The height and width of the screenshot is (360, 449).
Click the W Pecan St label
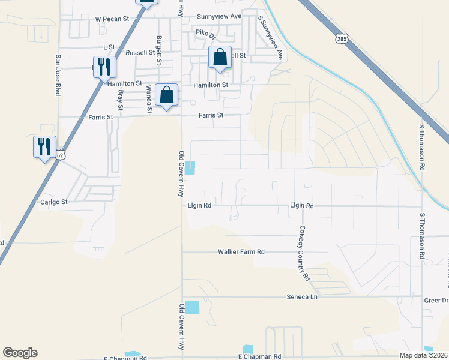[x=112, y=19]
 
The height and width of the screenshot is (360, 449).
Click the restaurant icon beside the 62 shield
[x=44, y=147]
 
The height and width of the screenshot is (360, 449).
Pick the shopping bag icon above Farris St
[x=166, y=95]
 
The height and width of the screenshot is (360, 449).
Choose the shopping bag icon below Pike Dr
[x=220, y=58]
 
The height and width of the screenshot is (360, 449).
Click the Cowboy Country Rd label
[x=304, y=253]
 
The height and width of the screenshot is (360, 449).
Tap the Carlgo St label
[x=54, y=202]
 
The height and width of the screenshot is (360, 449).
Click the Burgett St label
[x=158, y=47]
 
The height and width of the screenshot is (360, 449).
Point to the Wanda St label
[x=149, y=99]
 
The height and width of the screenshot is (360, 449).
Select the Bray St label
[x=120, y=99]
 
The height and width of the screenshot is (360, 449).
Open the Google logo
[x=20, y=353]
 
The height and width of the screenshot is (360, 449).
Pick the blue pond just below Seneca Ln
[x=192, y=308]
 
